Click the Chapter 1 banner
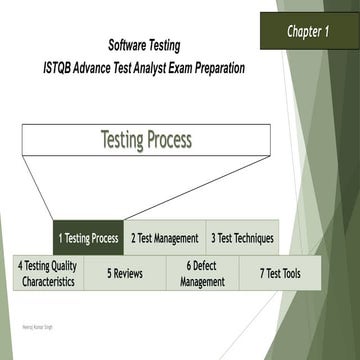click(x=309, y=32)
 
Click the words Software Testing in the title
click(x=152, y=46)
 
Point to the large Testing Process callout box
click(x=146, y=141)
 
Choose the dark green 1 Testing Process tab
click(x=88, y=238)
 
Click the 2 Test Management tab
click(x=165, y=238)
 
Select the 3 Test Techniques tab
click(x=242, y=238)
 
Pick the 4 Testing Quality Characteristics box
click(x=47, y=273)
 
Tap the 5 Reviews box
click(x=124, y=273)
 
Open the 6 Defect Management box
click(x=202, y=273)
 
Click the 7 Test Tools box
click(x=280, y=273)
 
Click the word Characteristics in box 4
click(x=48, y=282)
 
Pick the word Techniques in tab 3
click(x=255, y=238)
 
